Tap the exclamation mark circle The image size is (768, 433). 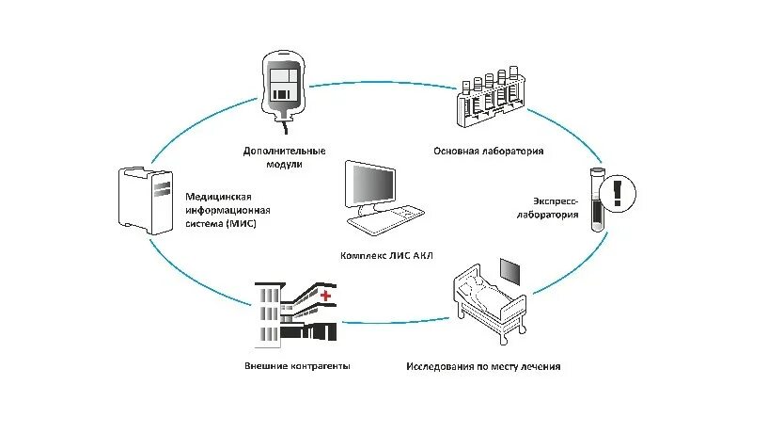[617, 193]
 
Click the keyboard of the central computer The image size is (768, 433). [385, 219]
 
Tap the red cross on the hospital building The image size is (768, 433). [326, 297]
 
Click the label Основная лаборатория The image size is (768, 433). [488, 150]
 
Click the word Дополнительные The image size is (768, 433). [284, 151]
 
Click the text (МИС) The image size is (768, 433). [239, 224]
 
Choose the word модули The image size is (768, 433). [284, 164]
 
